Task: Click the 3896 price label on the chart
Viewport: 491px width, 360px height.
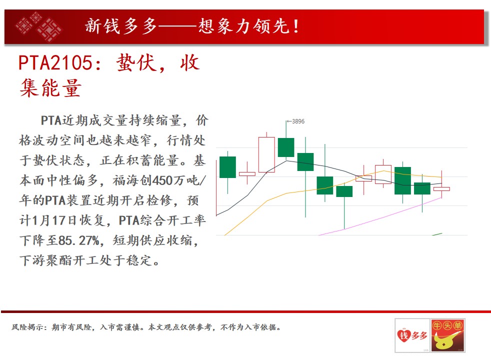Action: point(298,121)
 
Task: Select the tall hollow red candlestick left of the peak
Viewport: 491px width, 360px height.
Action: point(266,154)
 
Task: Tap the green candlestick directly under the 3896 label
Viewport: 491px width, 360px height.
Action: point(286,147)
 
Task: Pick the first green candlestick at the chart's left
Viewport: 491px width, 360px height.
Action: point(227,167)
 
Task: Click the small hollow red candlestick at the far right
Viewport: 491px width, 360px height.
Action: point(441,189)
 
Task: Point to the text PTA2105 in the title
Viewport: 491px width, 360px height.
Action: point(55,62)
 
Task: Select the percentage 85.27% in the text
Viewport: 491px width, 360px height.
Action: point(79,240)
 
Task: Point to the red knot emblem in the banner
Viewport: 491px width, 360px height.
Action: point(39,27)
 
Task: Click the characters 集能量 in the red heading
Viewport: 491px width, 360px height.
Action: point(50,87)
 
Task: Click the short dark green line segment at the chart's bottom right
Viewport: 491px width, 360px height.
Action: point(437,234)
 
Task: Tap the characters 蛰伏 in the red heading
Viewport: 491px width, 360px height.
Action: point(136,63)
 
